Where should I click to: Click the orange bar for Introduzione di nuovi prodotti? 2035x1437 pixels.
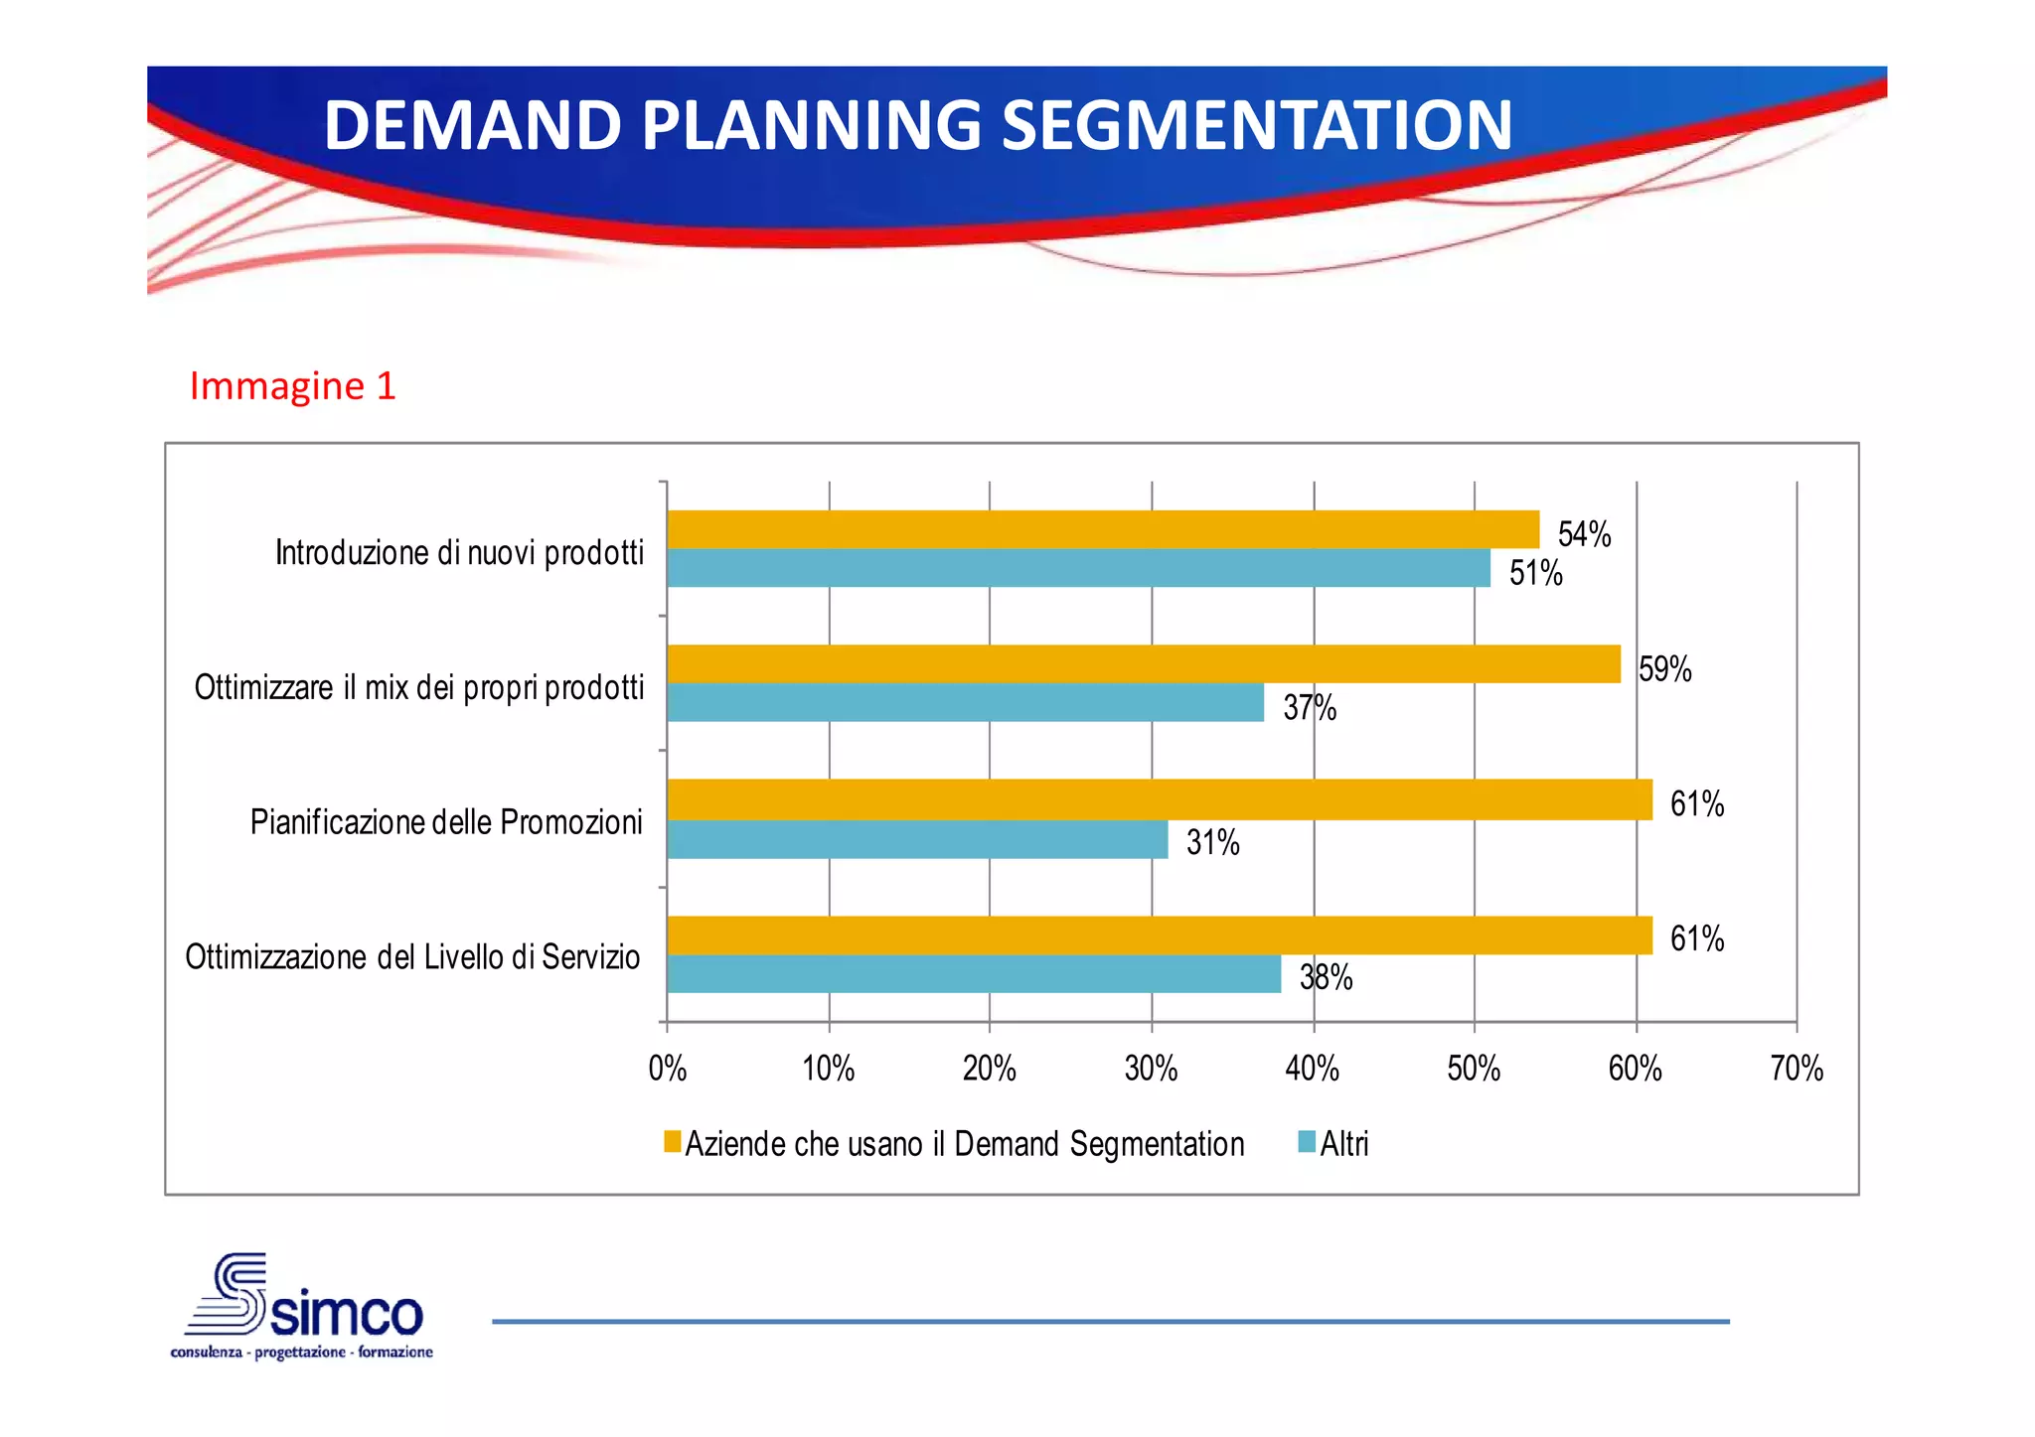(1103, 529)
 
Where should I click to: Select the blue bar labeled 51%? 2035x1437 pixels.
(1078, 568)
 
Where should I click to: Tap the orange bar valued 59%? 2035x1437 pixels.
(1143, 663)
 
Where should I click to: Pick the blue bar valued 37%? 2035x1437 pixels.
(965, 702)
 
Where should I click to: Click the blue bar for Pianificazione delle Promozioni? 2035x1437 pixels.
(916, 839)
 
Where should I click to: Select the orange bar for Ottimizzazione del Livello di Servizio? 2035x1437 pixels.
(1159, 935)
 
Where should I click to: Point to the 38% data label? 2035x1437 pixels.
(1326, 978)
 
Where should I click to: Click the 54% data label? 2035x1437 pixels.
(1584, 534)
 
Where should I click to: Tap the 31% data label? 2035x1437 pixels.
(1212, 843)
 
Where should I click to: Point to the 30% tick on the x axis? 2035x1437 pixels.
(1151, 1070)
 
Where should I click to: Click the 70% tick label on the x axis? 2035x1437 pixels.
(1797, 1070)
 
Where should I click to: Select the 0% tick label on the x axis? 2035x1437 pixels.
(667, 1070)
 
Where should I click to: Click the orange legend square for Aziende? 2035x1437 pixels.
(673, 1142)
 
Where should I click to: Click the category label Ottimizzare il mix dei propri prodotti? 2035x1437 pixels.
(419, 687)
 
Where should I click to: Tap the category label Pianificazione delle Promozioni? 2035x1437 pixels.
(446, 822)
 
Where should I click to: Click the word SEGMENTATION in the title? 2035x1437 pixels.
(1256, 125)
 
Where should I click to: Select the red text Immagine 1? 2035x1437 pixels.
(292, 386)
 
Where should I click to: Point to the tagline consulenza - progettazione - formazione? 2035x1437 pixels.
(302, 1353)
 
